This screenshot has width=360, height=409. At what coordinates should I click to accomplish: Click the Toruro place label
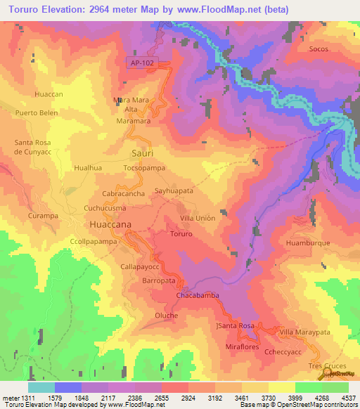coord(181,233)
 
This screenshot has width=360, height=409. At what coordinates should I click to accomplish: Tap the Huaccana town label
coord(110,224)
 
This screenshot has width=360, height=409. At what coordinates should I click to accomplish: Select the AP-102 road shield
coord(141,63)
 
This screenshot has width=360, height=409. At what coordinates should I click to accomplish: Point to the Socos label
coord(319,50)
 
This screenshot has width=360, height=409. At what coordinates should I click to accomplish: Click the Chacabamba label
coord(198,296)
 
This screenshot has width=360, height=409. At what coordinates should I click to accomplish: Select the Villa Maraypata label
coord(304,332)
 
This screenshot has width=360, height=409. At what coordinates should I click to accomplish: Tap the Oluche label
coord(166,316)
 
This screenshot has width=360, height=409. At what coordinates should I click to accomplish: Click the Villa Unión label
coord(198,219)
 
